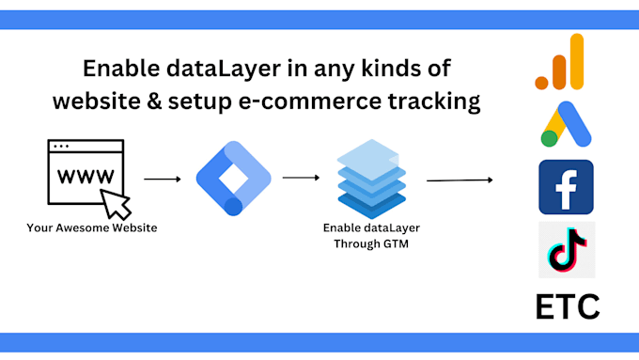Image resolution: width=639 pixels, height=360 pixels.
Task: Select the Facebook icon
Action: coord(566,187)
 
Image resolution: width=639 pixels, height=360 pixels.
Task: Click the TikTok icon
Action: coord(566,250)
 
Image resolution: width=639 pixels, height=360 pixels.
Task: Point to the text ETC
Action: coord(567,306)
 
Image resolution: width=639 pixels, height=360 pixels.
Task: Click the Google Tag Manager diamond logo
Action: coord(233,176)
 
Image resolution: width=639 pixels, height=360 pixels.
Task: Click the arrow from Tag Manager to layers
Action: coord(301,177)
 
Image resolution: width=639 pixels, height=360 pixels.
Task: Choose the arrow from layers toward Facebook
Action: coord(460,180)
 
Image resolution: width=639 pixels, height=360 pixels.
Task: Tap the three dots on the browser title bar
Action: coord(61,147)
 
